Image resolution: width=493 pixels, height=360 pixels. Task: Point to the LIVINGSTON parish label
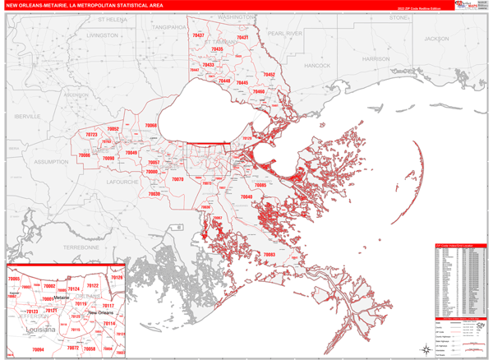coord(102,36)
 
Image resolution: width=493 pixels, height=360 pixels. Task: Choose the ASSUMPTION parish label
coord(51,162)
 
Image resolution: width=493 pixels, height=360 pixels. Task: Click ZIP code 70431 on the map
coord(242,38)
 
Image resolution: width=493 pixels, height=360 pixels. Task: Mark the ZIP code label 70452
coord(269,75)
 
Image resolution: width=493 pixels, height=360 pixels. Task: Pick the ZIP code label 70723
coord(90,135)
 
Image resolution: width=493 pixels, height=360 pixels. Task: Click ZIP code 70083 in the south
coord(269,255)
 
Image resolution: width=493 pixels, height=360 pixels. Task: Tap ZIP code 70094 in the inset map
coord(37,349)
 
